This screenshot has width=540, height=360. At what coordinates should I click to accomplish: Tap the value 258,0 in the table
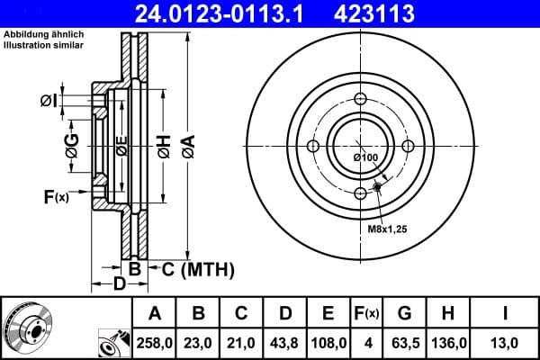click(154, 343)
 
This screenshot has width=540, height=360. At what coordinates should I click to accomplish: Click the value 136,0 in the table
click(448, 343)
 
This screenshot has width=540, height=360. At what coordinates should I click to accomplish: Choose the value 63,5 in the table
click(405, 343)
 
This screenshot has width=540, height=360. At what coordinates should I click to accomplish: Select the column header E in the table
click(328, 313)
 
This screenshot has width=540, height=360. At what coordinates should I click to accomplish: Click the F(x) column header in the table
click(367, 313)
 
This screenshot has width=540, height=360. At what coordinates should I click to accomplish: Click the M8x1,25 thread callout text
click(388, 230)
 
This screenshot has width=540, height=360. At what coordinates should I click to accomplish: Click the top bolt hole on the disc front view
click(360, 101)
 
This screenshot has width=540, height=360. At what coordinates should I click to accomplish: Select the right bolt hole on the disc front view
click(407, 147)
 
